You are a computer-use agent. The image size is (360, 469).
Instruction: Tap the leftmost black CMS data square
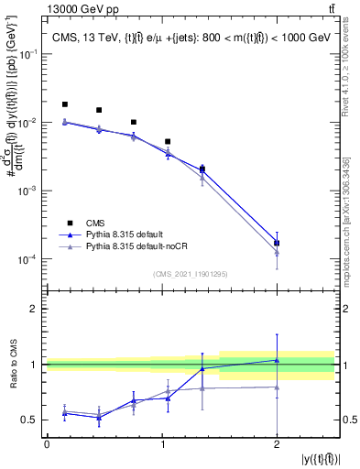tap(64, 104)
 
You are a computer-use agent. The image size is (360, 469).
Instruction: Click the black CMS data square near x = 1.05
tap(168, 142)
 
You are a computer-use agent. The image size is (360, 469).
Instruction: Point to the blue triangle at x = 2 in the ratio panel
tap(277, 360)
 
